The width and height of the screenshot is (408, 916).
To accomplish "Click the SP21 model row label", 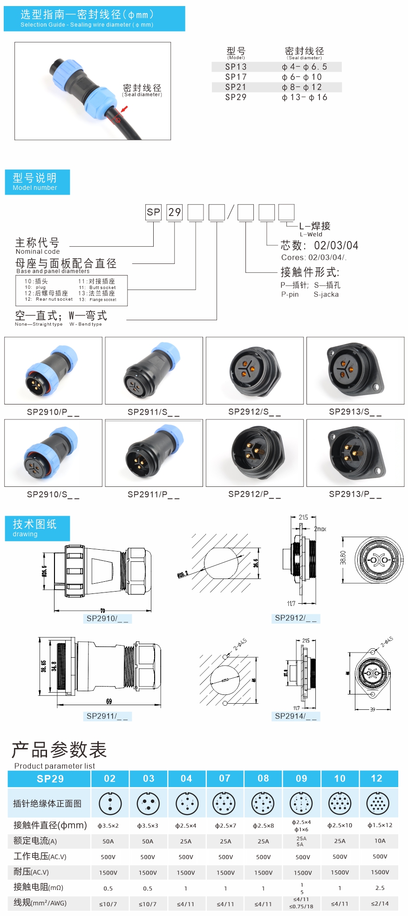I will pos(236,87).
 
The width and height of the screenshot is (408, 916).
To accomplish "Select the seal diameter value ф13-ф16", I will pos(305,97).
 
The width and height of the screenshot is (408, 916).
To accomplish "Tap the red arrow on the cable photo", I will pos(124,109).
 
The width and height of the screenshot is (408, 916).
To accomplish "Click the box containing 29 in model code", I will pos(175,212).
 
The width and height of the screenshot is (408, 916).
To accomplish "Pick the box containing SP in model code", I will pos(153,212).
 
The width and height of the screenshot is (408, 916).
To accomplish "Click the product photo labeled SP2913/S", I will pos(355,370).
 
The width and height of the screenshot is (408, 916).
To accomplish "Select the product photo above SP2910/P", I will pos(53,370).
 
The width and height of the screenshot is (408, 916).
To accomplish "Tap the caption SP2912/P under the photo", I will pos(254,494).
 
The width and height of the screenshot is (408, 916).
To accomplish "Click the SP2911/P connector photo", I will pos(154,453).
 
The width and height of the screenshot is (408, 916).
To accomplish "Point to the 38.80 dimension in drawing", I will pos(343,558).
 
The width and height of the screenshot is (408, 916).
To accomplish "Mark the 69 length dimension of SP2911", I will pos(109,701).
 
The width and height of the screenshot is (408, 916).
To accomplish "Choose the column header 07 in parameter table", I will pos(225,778).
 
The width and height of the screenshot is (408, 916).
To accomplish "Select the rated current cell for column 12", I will pos(380,841).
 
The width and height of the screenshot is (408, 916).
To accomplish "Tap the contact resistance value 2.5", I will pos(380,888).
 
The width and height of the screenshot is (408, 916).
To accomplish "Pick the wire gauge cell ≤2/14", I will pos(380,903).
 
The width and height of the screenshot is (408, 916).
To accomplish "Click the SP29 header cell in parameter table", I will pos(50,779).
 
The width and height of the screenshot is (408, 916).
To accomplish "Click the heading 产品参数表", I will pos(60,749).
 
